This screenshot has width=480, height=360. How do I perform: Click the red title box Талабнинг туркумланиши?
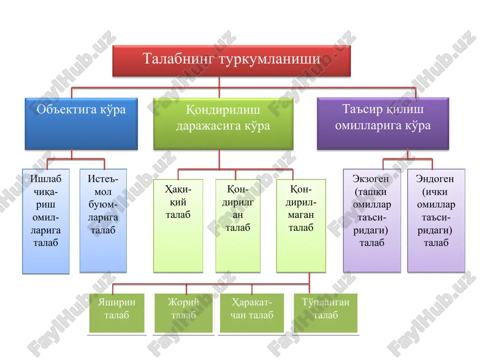(231, 61)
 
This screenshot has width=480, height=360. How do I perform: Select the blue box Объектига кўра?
(81, 124)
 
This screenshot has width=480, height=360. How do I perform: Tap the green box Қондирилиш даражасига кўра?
(223, 124)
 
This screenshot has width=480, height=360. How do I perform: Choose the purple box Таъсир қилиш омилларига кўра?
(383, 124)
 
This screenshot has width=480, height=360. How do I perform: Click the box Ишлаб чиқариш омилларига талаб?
(46, 221)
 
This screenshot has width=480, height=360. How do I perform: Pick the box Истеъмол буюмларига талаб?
(103, 221)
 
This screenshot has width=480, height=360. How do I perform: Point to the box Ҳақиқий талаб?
(178, 226)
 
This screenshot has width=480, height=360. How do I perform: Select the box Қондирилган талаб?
(238, 226)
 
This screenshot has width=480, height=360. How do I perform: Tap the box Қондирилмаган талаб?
(301, 226)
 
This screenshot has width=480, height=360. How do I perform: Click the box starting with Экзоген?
(372, 221)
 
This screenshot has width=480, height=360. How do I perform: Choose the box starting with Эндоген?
(436, 221)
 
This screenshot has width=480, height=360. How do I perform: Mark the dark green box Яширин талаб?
(117, 313)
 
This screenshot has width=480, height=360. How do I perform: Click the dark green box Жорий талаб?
(183, 313)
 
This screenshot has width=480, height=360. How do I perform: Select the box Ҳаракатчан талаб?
(252, 313)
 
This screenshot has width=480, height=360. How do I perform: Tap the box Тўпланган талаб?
(326, 313)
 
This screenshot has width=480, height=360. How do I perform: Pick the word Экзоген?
(371, 179)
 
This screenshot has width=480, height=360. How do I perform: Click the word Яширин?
(117, 302)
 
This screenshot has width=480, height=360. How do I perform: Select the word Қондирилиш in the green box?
(223, 109)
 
